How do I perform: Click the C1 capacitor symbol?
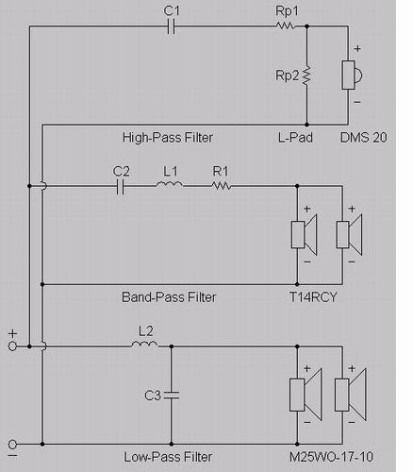[x=172, y=26]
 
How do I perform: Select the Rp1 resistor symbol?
[x=286, y=25]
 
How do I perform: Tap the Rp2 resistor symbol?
[x=306, y=76]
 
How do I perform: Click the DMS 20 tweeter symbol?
[x=352, y=76]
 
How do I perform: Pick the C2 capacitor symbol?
[x=120, y=187]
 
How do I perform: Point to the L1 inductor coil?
[x=169, y=184]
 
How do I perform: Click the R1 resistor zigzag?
[x=222, y=186]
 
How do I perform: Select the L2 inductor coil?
[x=144, y=345]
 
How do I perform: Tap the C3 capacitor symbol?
[x=172, y=396]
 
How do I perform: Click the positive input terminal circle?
[x=12, y=346]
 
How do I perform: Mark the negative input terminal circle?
[x=12, y=445]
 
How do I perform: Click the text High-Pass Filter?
[x=168, y=138]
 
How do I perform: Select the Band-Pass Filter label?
[x=169, y=297]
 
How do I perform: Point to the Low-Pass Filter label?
[x=168, y=457]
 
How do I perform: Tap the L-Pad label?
[x=295, y=138]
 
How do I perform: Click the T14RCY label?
[x=313, y=297]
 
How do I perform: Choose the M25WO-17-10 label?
[x=331, y=457]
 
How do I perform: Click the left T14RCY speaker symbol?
[x=304, y=235]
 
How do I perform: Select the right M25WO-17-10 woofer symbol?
[x=350, y=395]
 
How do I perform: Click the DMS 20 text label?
[x=364, y=138]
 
